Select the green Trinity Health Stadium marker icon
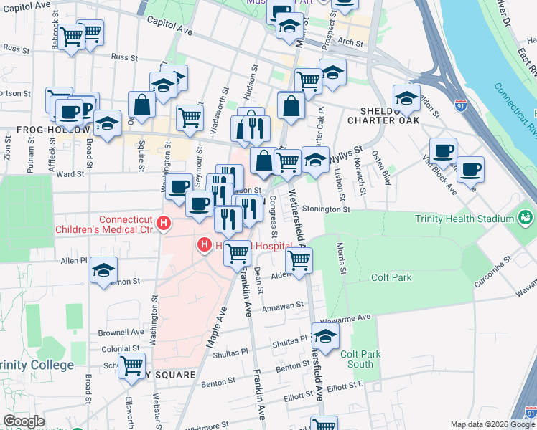click(x=526, y=216)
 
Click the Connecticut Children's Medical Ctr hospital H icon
click(x=164, y=224)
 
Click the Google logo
click(x=24, y=421)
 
